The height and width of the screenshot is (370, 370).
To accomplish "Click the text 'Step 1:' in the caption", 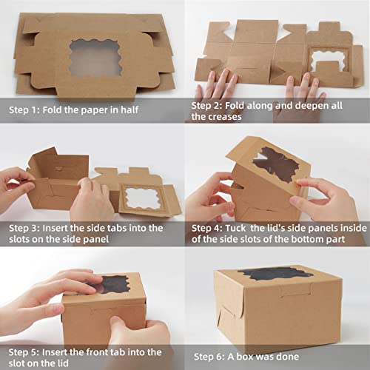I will (27, 110).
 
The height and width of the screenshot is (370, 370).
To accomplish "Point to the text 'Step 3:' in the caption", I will (27, 228).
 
